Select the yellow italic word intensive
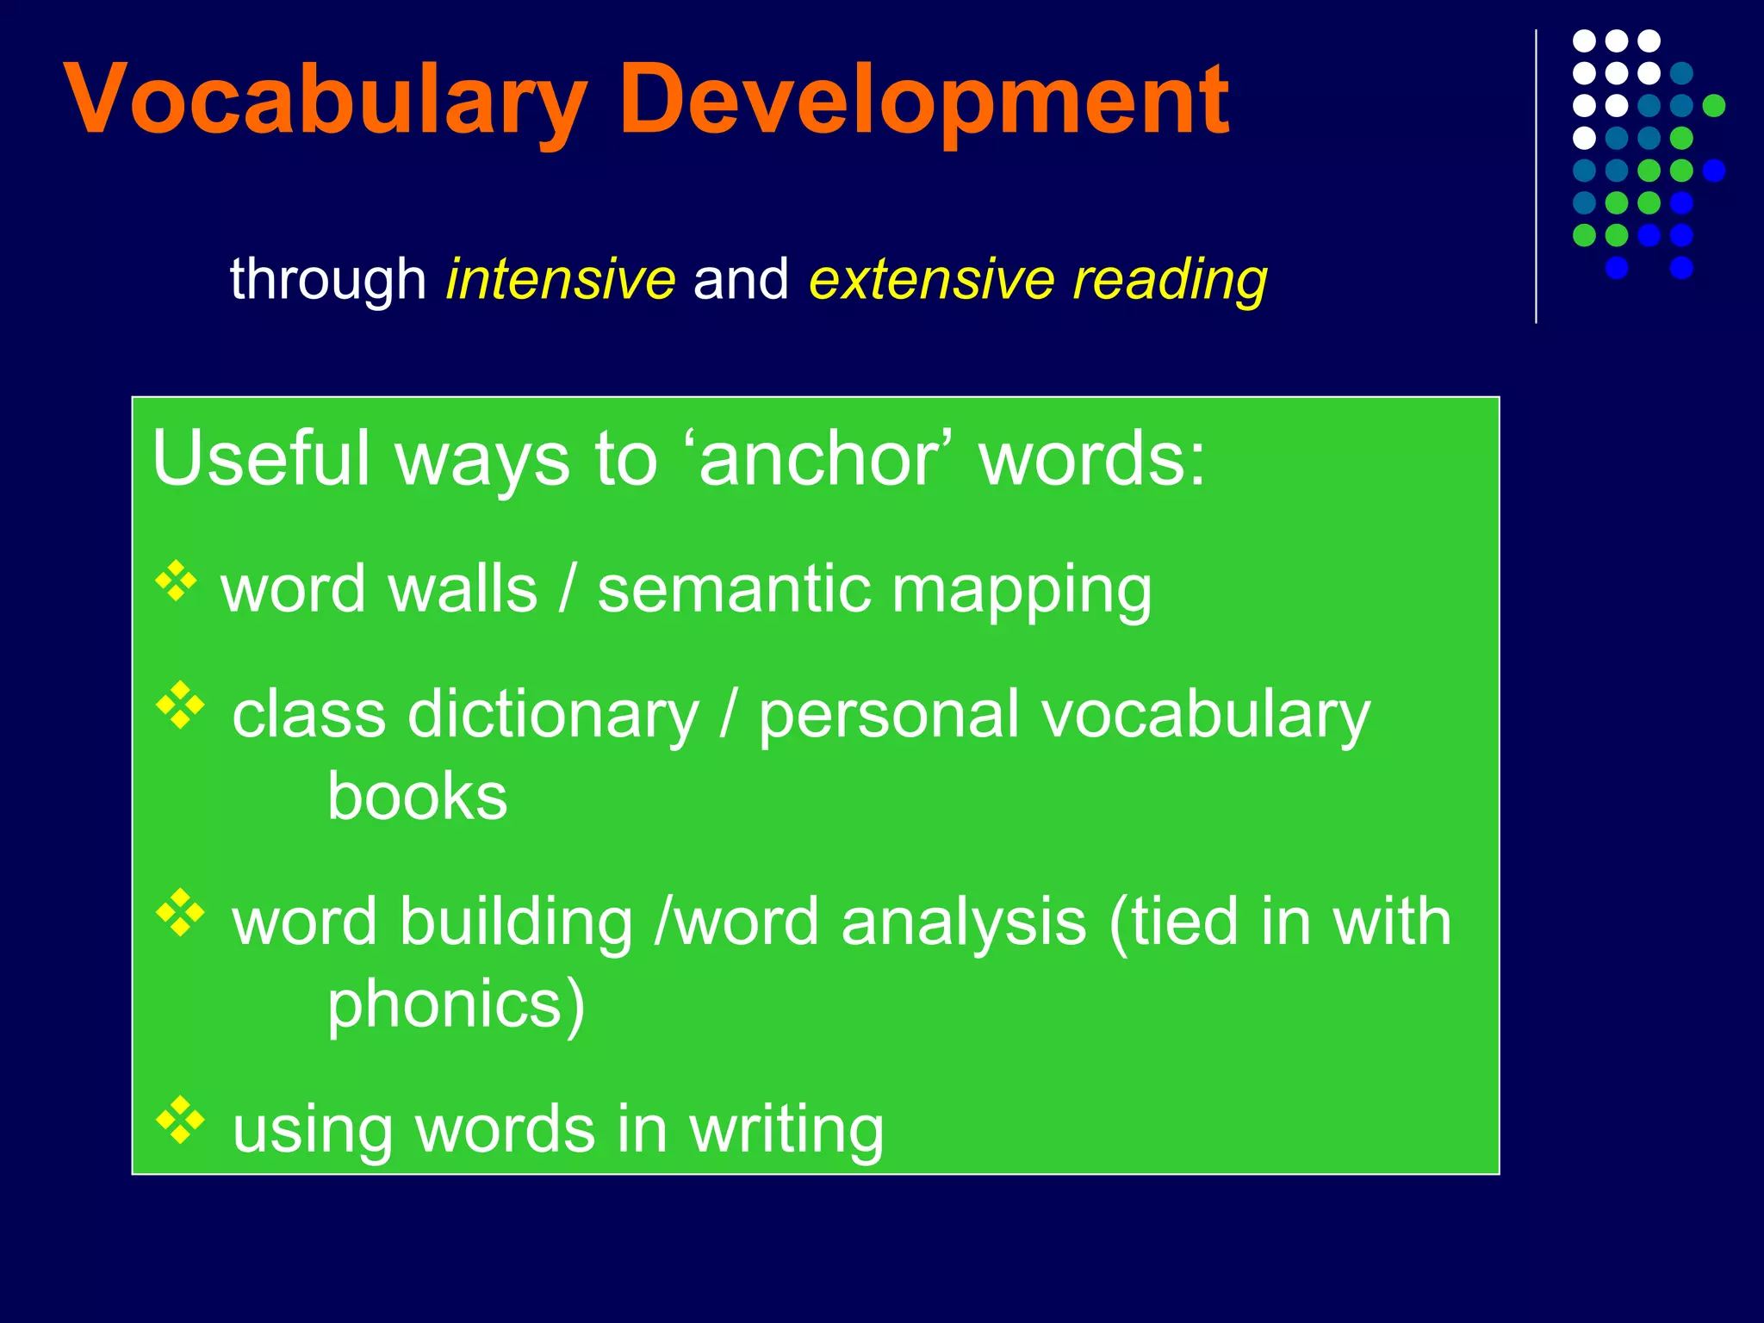point(560,279)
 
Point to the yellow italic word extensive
point(931,279)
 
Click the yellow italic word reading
point(1170,281)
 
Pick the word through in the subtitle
point(327,279)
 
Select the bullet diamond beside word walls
point(177,581)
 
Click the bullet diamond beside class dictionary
point(181,705)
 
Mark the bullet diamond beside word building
point(181,912)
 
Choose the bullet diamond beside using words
point(181,1120)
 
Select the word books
point(417,797)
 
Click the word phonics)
point(456,1006)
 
